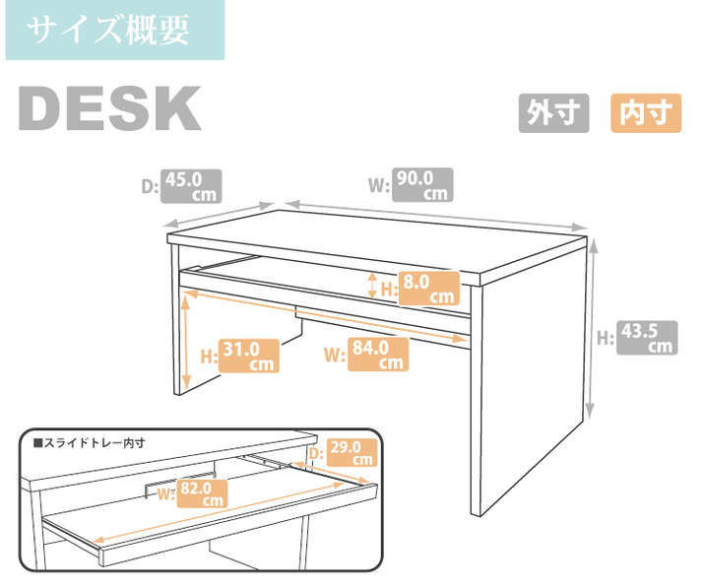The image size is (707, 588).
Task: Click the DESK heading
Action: click(x=109, y=110)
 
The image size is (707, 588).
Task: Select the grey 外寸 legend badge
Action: click(x=553, y=113)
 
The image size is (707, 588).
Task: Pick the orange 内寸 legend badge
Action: click(x=646, y=113)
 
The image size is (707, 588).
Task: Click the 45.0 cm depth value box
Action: click(x=192, y=186)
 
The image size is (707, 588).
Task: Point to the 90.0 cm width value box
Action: click(x=423, y=184)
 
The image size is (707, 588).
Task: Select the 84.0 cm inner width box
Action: click(x=377, y=354)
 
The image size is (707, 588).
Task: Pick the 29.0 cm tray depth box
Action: click(x=350, y=452)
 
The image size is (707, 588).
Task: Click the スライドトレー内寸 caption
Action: click(x=89, y=442)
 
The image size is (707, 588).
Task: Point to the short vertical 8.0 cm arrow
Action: click(x=370, y=286)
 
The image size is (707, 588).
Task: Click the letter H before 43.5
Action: click(x=605, y=338)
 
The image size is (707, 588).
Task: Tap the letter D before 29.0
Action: click(x=314, y=453)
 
